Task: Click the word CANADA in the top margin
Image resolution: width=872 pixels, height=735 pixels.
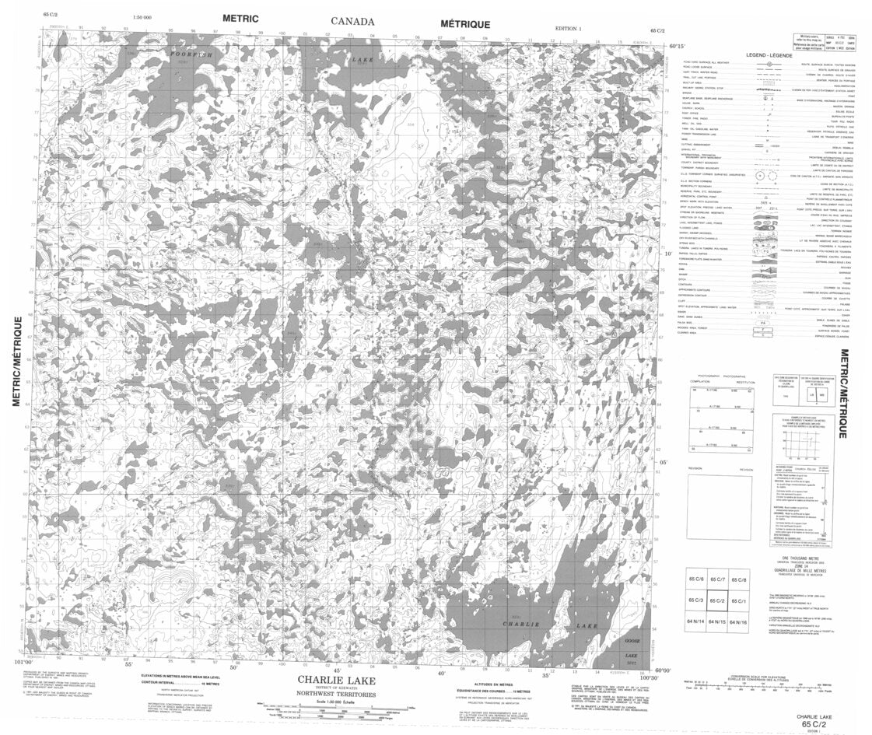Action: pos(352,22)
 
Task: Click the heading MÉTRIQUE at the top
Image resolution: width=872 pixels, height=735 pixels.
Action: pos(465,24)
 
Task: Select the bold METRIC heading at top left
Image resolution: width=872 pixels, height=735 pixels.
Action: pos(240,17)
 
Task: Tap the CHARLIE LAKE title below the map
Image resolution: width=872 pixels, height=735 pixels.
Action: pos(335,679)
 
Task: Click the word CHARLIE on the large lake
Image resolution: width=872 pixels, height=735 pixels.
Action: pos(517,624)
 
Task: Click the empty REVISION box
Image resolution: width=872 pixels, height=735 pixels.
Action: pos(719,507)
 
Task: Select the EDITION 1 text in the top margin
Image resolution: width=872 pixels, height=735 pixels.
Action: pos(568,29)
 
